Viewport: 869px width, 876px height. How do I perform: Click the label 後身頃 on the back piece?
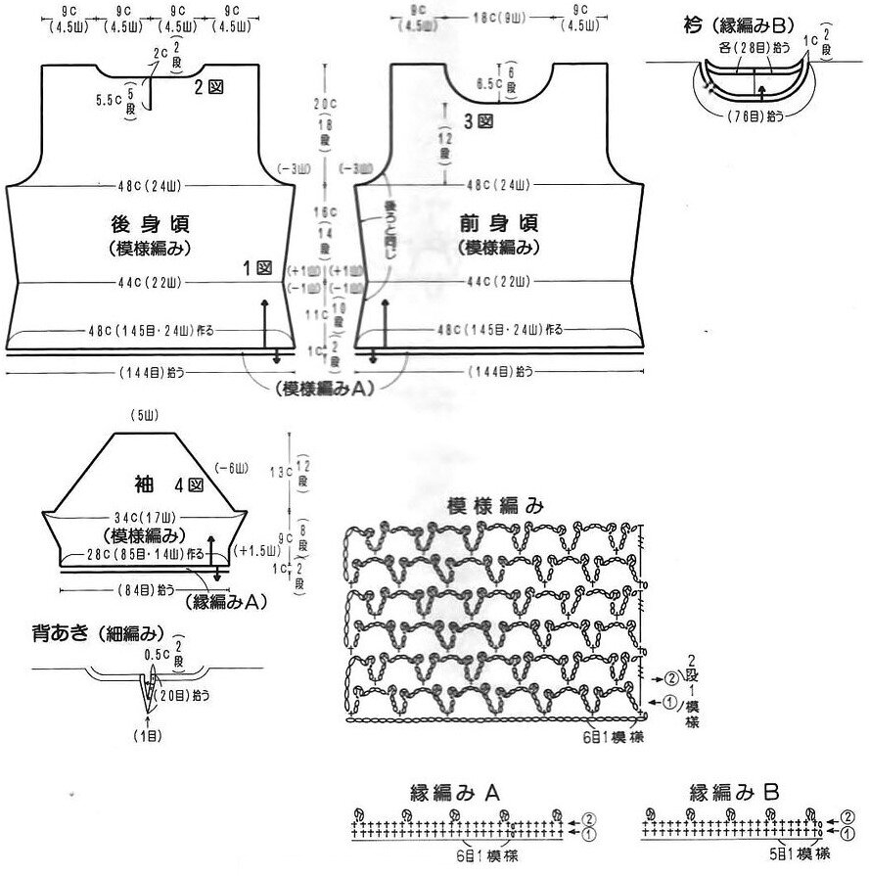(x=143, y=222)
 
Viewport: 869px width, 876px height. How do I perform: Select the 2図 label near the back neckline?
(x=210, y=87)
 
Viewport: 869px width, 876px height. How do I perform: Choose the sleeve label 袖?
(x=143, y=484)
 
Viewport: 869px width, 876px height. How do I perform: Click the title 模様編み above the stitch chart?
(x=494, y=505)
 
